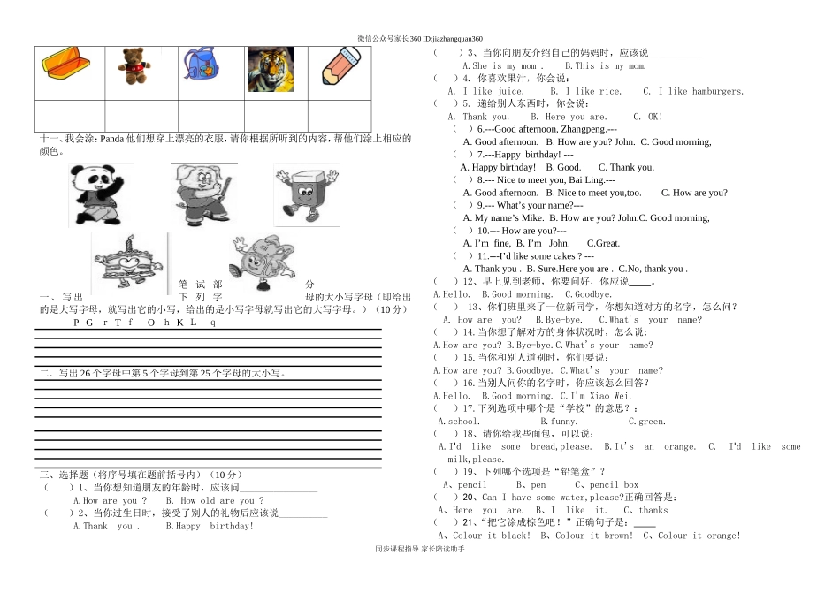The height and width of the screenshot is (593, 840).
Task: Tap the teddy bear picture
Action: (x=132, y=67)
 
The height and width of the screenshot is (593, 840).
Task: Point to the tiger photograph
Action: (x=270, y=69)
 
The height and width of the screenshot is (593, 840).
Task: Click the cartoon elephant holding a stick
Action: (x=202, y=194)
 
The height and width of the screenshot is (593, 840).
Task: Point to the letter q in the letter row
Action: (x=212, y=323)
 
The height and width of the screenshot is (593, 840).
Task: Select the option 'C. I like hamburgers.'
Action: (x=693, y=91)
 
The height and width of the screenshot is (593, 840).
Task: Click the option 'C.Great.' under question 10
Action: (x=603, y=243)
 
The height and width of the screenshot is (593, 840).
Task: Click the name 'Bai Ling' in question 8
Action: (x=586, y=179)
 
